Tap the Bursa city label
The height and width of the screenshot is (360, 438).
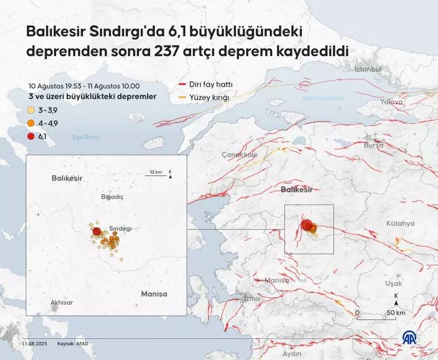click(x=373, y=144)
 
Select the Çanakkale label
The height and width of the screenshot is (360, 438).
click(x=239, y=155)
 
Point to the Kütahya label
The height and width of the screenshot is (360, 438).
click(x=400, y=224)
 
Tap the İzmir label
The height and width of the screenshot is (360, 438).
click(x=252, y=298)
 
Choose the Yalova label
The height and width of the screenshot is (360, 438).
click(x=391, y=102)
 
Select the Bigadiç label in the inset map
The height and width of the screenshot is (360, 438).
click(x=113, y=197)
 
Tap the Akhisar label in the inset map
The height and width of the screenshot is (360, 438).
click(x=62, y=302)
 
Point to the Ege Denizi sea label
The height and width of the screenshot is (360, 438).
click(x=86, y=137)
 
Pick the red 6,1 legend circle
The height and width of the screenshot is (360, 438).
click(x=31, y=136)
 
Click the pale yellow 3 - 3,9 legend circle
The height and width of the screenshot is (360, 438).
click(x=31, y=109)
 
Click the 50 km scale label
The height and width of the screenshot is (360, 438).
click(x=396, y=313)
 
